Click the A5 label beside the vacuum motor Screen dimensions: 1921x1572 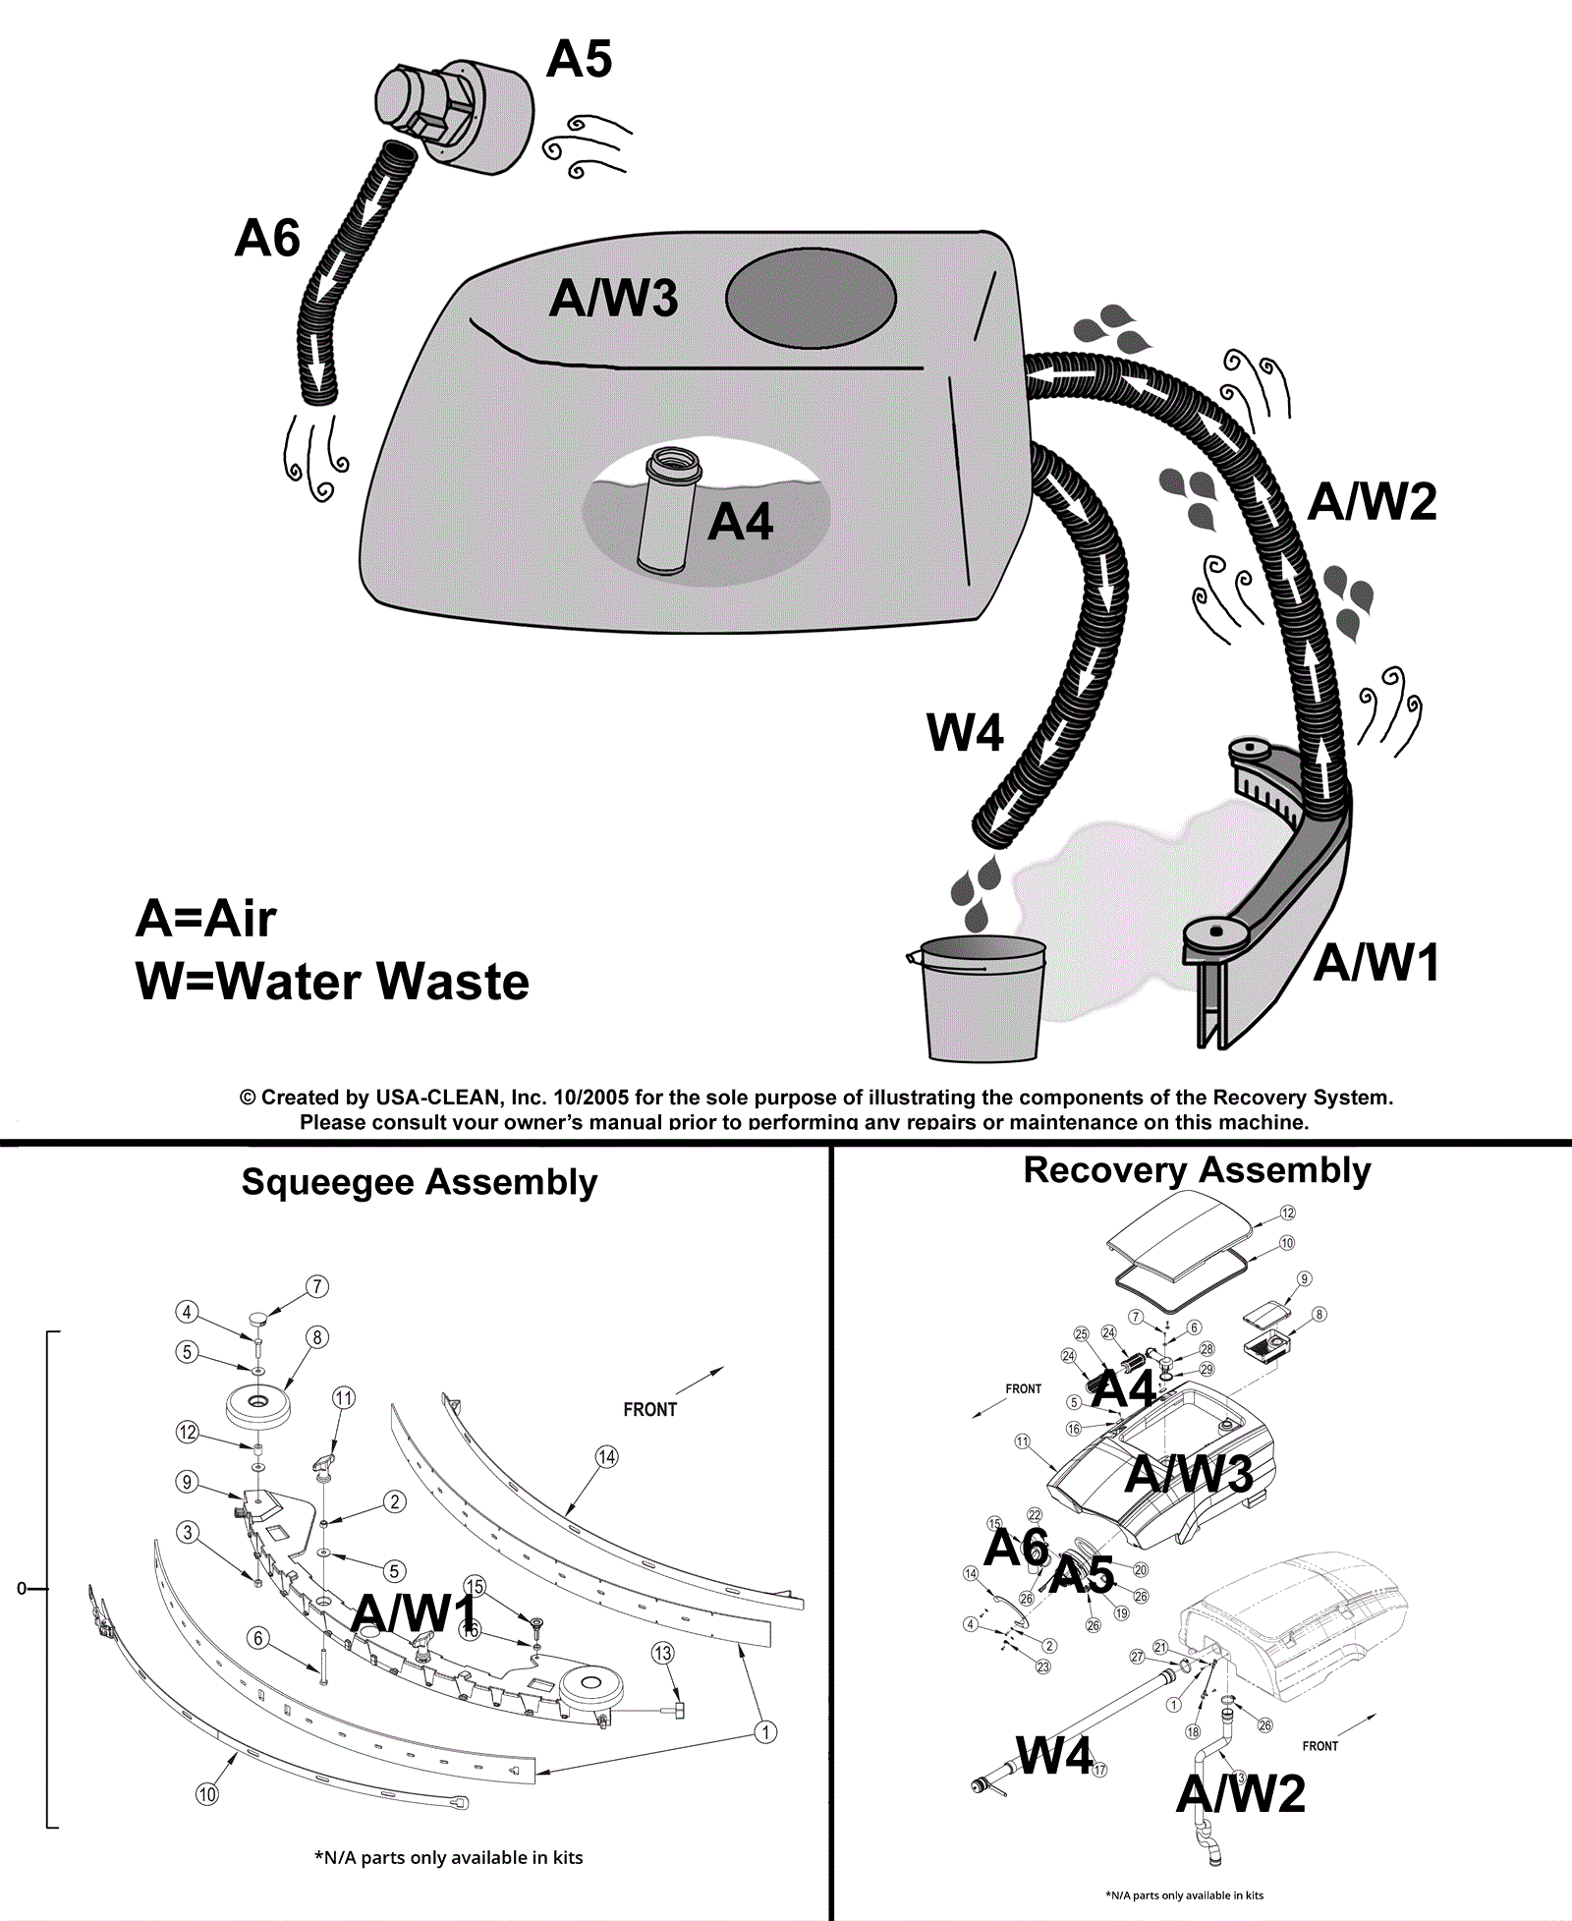580,59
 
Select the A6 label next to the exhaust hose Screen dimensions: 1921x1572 267,239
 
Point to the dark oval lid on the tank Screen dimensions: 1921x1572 811,298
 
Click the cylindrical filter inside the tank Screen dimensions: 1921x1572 668,511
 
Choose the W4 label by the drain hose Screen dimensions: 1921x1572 965,733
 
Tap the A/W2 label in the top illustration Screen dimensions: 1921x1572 1373,502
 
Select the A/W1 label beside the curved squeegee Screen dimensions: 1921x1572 1376,962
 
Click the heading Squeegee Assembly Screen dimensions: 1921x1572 420,1182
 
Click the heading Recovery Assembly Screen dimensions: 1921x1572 1197,1170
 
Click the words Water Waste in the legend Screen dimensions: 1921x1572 371,982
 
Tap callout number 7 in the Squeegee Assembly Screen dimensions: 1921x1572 316,1286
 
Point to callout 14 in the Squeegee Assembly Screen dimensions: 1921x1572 607,1457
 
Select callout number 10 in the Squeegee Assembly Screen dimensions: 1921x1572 207,1794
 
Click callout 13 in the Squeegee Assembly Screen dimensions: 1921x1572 663,1654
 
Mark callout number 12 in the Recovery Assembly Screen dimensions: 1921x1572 1288,1214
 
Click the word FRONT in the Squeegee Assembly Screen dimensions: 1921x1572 650,1410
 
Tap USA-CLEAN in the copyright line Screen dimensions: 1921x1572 438,1098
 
